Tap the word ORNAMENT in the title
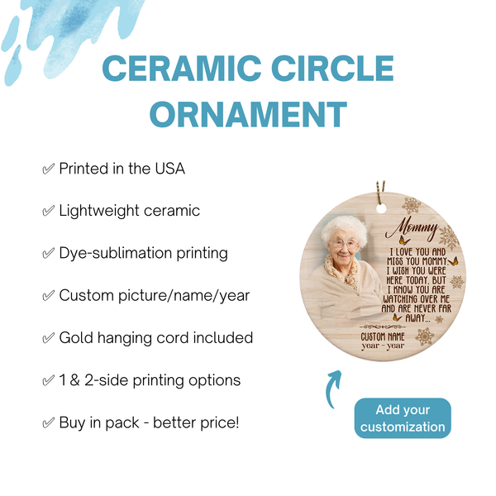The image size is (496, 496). (x=247, y=113)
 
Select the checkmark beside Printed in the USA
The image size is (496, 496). (x=48, y=169)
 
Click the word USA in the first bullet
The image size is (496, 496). (x=169, y=169)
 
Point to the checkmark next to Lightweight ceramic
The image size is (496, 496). (x=48, y=211)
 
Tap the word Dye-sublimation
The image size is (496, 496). (x=112, y=253)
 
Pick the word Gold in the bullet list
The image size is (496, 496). (x=75, y=338)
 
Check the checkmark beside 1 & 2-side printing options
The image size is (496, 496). (x=48, y=380)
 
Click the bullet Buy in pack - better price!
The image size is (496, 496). (x=149, y=422)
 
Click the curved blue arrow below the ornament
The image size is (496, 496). (x=332, y=389)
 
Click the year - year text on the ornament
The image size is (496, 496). (x=385, y=346)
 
